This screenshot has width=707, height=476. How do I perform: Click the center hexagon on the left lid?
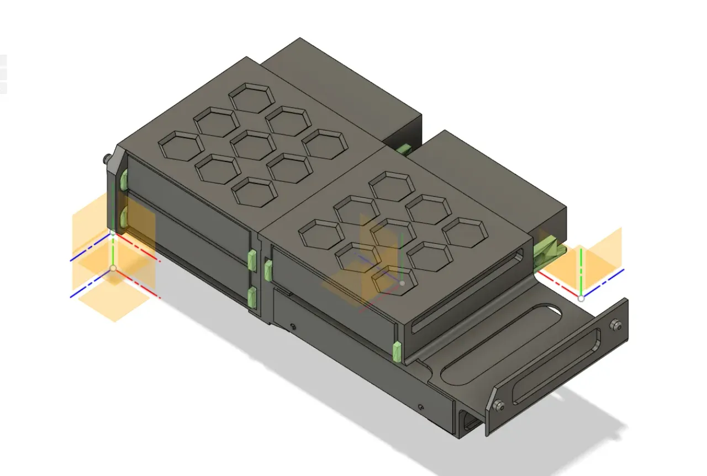pos(253,145)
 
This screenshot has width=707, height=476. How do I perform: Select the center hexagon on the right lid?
pos(393,233)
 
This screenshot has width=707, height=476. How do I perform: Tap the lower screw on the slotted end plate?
pos(499,405)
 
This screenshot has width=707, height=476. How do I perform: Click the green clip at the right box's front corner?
pos(396,352)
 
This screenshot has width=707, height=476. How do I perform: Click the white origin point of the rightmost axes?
pos(581,298)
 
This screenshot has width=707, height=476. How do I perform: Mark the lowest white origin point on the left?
pos(113,268)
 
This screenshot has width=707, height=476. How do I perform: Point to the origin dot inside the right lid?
pos(402,283)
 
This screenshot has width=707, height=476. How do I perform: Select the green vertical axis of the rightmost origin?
pos(581,271)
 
